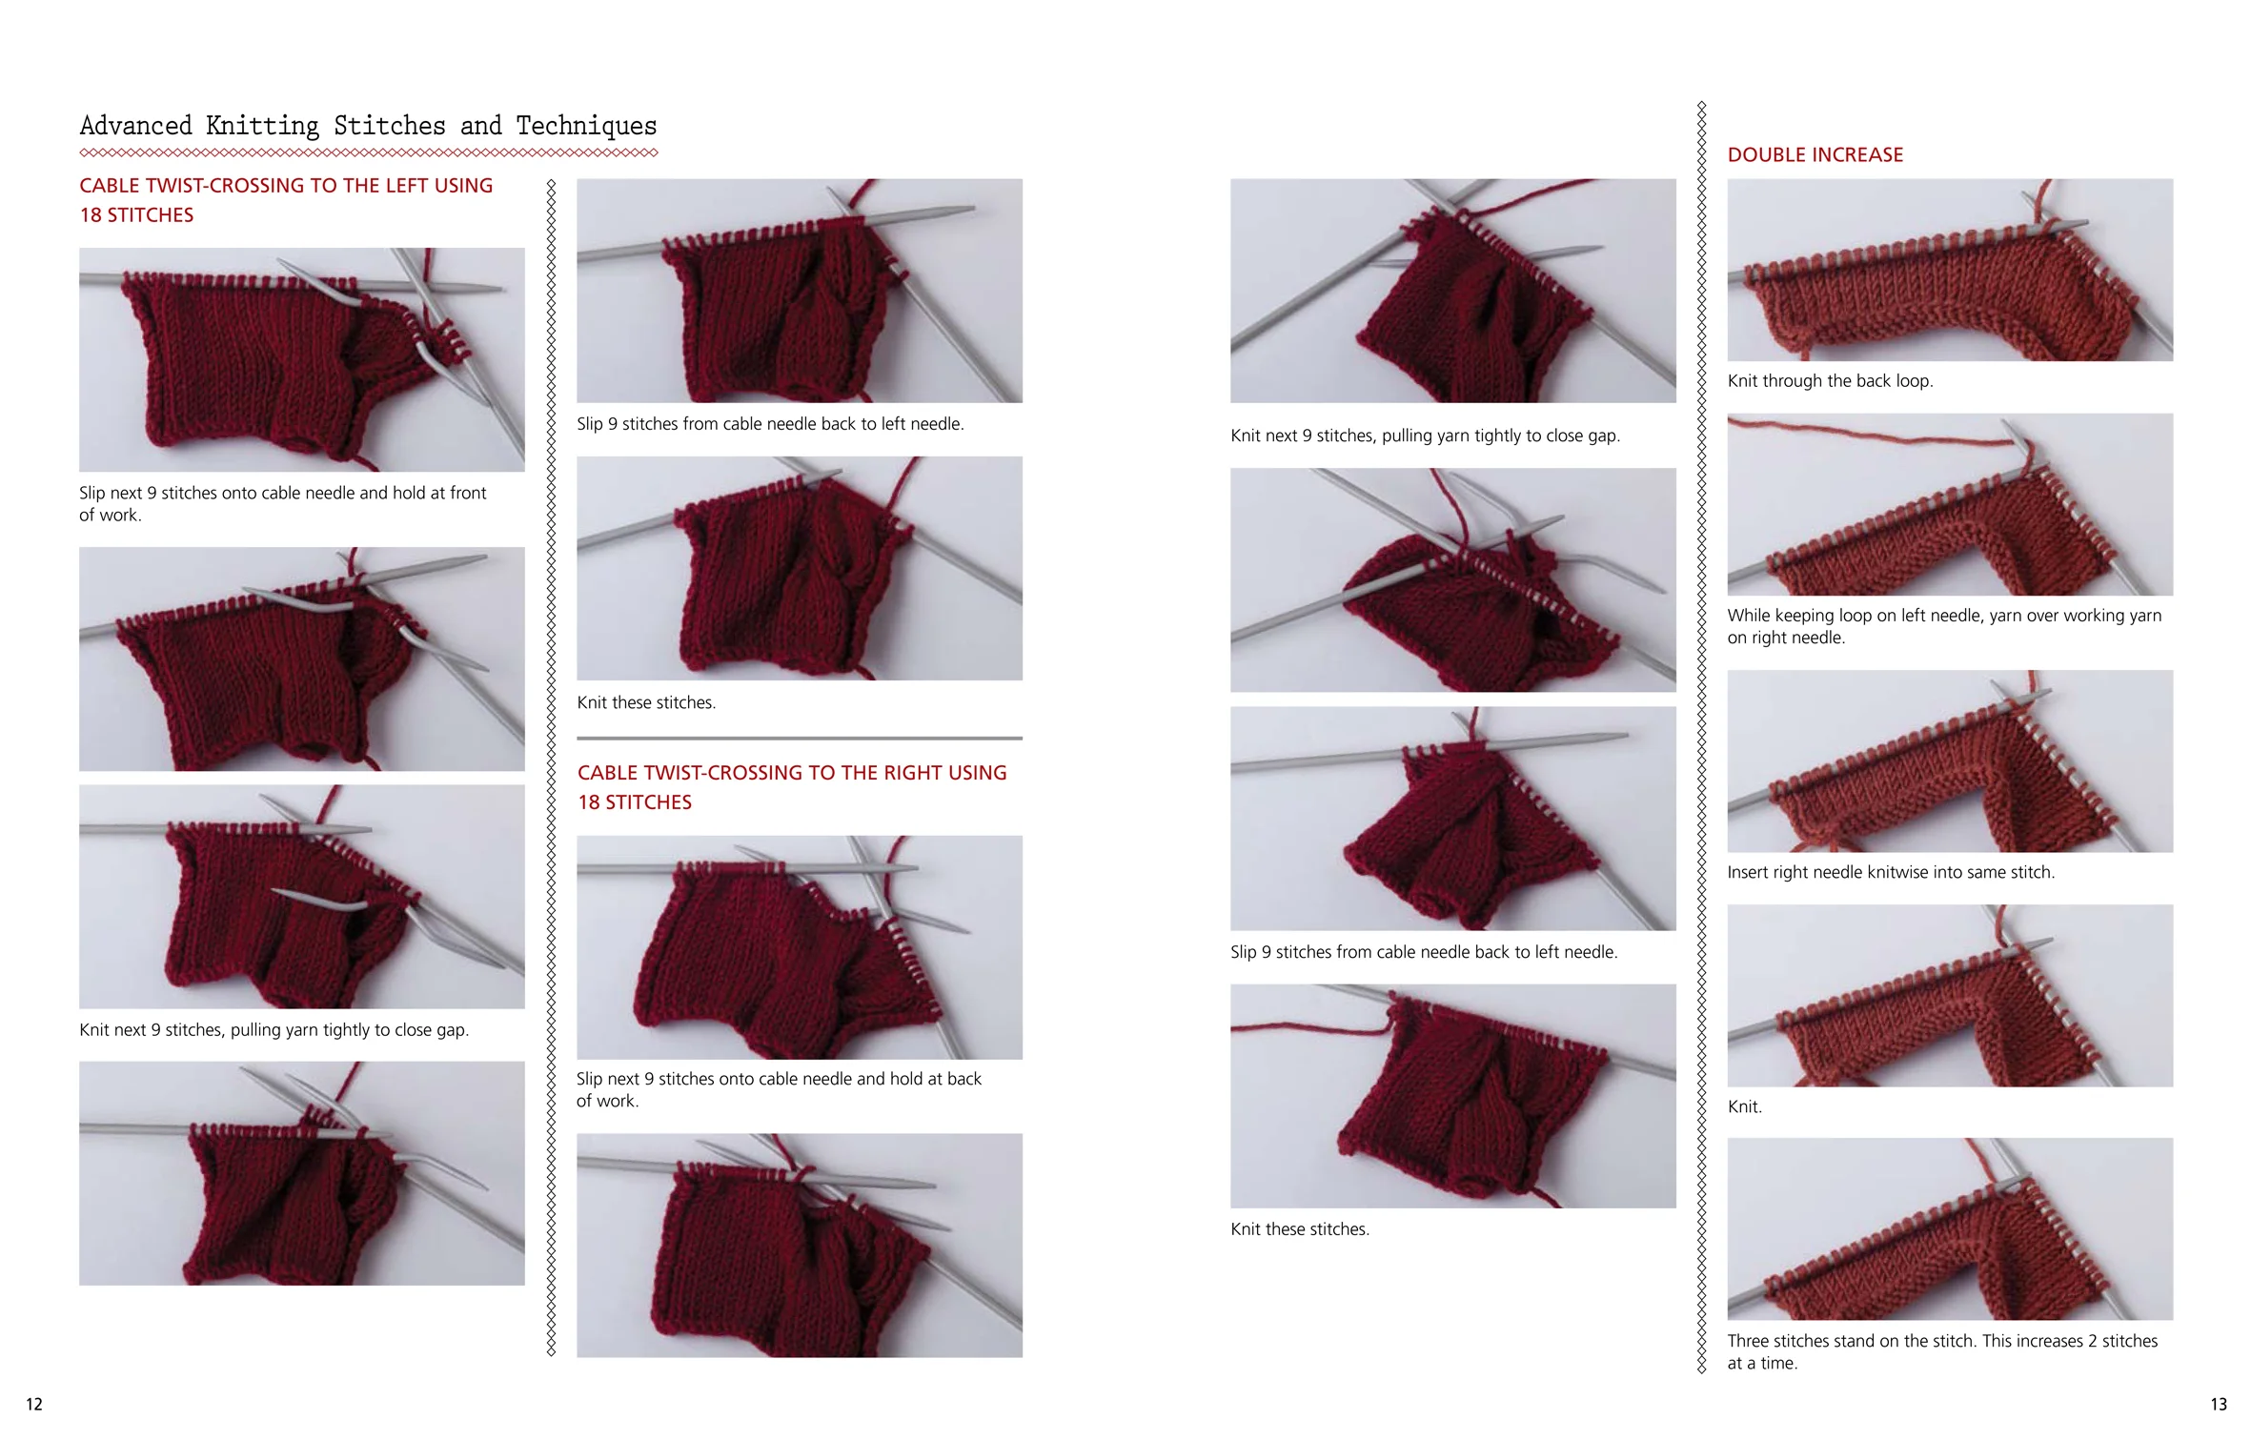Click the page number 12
click(34, 1404)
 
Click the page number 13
click(2219, 1404)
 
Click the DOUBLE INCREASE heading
click(1815, 154)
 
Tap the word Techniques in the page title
click(586, 126)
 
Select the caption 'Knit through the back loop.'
click(1830, 381)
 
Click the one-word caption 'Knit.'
click(1744, 1106)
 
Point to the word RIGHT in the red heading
click(913, 773)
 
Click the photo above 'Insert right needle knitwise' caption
click(1950, 761)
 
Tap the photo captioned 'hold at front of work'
click(301, 359)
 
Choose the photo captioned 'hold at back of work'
click(799, 947)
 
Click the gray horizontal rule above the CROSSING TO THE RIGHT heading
click(799, 738)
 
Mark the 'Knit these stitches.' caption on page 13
click(1299, 1229)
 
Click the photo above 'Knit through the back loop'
click(1950, 270)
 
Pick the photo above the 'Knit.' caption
click(1950, 995)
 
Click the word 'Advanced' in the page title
click(135, 126)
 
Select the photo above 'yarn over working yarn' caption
click(1950, 504)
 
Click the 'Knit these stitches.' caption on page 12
click(645, 702)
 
